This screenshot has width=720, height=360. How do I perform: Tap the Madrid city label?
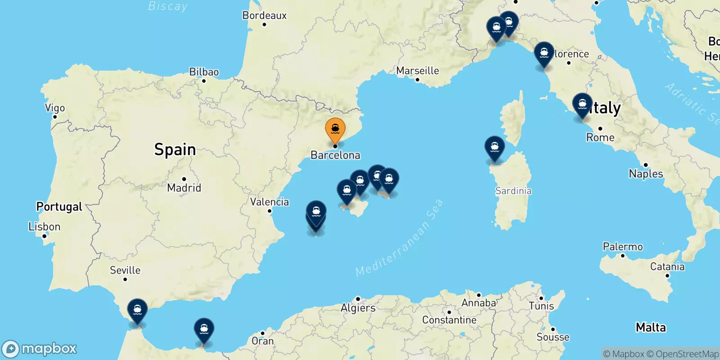coord(184,187)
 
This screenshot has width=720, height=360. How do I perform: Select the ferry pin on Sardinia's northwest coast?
coord(495,148)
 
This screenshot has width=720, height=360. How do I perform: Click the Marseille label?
coord(417,71)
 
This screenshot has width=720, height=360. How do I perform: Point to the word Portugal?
coord(59,207)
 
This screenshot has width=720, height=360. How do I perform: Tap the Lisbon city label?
coord(44,226)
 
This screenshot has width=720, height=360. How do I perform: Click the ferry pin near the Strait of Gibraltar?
coord(137,310)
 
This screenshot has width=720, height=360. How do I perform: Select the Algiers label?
coord(358,308)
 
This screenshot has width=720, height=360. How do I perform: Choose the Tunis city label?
coord(541,306)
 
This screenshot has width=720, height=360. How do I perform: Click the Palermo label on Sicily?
coord(623,247)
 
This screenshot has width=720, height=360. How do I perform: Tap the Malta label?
coord(651,327)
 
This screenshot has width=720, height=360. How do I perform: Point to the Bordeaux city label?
coord(264,15)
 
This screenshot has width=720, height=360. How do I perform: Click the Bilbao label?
coord(204,72)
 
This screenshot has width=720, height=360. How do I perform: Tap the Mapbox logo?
coord(40,349)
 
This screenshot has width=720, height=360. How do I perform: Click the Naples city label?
coord(646,174)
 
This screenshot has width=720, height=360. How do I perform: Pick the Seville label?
coord(125,270)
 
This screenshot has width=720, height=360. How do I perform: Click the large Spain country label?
coord(175,149)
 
